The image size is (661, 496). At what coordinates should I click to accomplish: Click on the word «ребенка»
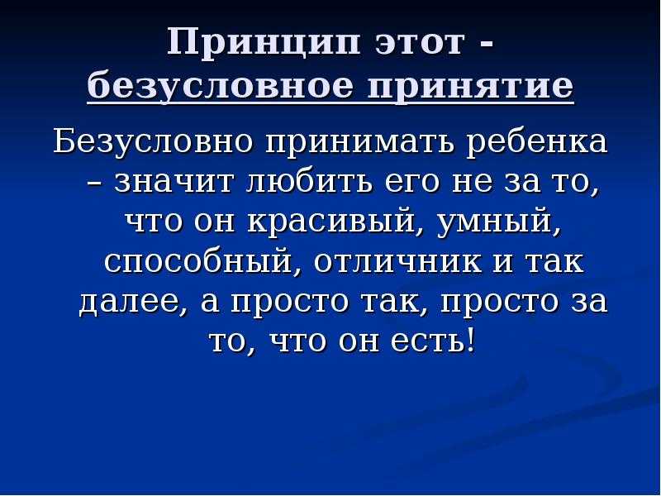pos(539,141)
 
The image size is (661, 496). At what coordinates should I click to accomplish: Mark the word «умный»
pos(496,223)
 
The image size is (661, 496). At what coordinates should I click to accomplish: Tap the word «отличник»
pos(398,263)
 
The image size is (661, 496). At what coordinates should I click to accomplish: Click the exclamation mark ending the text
pos(471,340)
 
